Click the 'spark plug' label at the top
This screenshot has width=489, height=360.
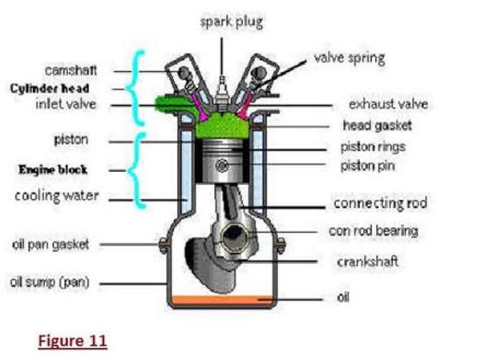(x=231, y=21)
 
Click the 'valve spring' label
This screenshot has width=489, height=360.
(x=349, y=58)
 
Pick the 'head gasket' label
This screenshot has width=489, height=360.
(x=376, y=125)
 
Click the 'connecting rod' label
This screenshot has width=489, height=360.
(x=380, y=204)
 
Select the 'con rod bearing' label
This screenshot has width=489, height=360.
(x=374, y=230)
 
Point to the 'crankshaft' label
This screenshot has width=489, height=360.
(x=368, y=261)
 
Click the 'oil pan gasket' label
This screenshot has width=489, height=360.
(x=50, y=245)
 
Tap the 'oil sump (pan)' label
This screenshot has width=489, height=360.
(x=50, y=282)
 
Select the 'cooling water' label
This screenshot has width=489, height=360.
(x=57, y=196)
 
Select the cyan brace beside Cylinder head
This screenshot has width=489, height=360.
(x=138, y=87)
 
